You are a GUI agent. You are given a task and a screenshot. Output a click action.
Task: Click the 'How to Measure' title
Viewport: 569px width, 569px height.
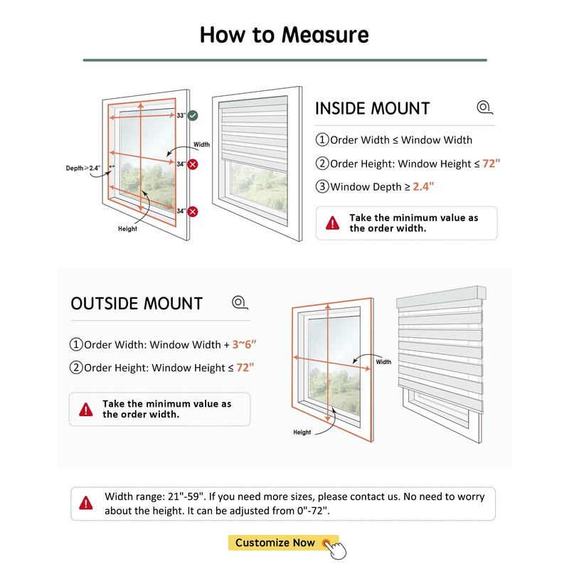point(284,34)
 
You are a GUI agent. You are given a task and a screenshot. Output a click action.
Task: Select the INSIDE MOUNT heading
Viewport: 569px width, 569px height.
point(372,109)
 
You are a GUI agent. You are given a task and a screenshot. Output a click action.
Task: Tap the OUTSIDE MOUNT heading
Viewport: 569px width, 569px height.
point(137,304)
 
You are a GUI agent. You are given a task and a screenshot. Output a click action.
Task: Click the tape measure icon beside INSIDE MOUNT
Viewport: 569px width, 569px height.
point(484,107)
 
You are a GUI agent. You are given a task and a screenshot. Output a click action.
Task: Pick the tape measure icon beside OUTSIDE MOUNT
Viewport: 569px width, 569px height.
point(239,302)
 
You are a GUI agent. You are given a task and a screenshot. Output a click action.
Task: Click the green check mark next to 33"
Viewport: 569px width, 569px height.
point(193,115)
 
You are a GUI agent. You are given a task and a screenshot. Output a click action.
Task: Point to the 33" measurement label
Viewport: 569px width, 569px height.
point(181,115)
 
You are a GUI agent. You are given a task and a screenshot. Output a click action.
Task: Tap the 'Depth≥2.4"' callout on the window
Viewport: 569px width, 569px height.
point(83,169)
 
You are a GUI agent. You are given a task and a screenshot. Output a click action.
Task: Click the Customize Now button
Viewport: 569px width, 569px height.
point(275,543)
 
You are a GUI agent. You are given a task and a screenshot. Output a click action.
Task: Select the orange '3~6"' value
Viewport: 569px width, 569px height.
point(244,345)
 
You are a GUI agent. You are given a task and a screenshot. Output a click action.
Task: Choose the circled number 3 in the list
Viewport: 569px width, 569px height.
point(322,187)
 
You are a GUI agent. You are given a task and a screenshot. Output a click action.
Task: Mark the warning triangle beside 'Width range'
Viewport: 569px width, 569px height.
point(86,504)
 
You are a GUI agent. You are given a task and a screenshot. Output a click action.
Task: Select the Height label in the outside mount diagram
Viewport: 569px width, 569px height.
point(302,432)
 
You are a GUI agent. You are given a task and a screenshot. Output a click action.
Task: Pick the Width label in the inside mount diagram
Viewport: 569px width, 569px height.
point(202,144)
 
